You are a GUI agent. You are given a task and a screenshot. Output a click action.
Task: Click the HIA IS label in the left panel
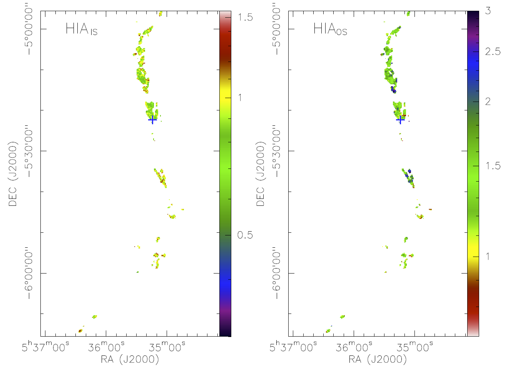coord(81,29)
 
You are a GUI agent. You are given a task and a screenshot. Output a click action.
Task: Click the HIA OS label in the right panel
coord(330,29)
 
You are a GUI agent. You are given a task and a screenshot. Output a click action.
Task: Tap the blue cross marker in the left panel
coord(152,120)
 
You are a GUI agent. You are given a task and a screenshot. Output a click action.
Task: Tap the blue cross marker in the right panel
coord(400,120)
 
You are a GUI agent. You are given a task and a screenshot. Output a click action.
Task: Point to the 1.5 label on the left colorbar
coord(245,17)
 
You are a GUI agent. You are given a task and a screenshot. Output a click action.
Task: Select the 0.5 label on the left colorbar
coord(245,235)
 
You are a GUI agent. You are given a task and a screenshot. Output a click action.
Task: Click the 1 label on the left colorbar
coord(240,97)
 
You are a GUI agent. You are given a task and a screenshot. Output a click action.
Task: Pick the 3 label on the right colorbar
coord(488,11)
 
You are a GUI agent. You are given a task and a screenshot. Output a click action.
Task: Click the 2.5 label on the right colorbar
coord(493,52)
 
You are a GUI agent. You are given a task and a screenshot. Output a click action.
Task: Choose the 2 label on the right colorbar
coord(488,102)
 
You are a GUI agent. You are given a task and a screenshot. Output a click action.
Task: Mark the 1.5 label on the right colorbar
coord(493,166)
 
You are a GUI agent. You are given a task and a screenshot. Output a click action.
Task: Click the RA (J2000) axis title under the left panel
coord(130,359)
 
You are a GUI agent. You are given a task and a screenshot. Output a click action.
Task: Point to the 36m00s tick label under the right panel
coord(354,347)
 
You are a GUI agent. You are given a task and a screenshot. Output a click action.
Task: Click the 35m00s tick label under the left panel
coord(167,347)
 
